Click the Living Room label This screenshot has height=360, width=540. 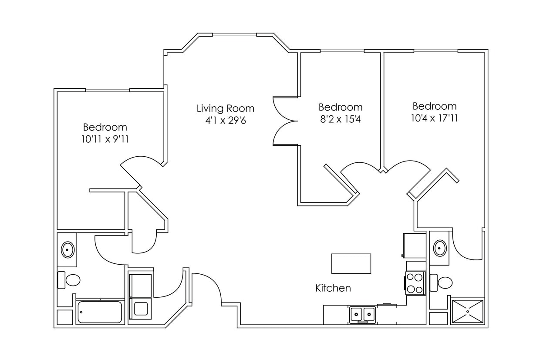tap(225, 108)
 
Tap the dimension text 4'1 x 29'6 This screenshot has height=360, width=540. tap(226, 121)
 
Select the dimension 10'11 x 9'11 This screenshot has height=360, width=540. tap(105, 139)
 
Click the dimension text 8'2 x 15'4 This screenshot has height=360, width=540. tap(340, 119)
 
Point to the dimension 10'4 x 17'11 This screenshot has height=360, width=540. tap(434, 118)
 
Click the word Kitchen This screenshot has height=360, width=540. tap(333, 288)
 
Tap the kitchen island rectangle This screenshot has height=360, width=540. tap(351, 263)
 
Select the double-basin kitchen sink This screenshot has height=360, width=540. tap(362, 314)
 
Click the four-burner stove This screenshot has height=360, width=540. tap(415, 283)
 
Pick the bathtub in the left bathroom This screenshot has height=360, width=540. tap(100, 312)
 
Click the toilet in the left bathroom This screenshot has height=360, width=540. tap(70, 280)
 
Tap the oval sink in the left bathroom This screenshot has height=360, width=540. tap(67, 250)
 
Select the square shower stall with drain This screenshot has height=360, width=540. tap(468, 311)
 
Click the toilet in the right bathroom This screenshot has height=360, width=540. tap(442, 283)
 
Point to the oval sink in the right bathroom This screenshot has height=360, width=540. tap(440, 248)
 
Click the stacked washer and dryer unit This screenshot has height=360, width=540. tap(141, 296)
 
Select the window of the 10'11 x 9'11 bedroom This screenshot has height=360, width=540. tap(108, 90)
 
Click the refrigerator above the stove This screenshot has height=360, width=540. tap(415, 246)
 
